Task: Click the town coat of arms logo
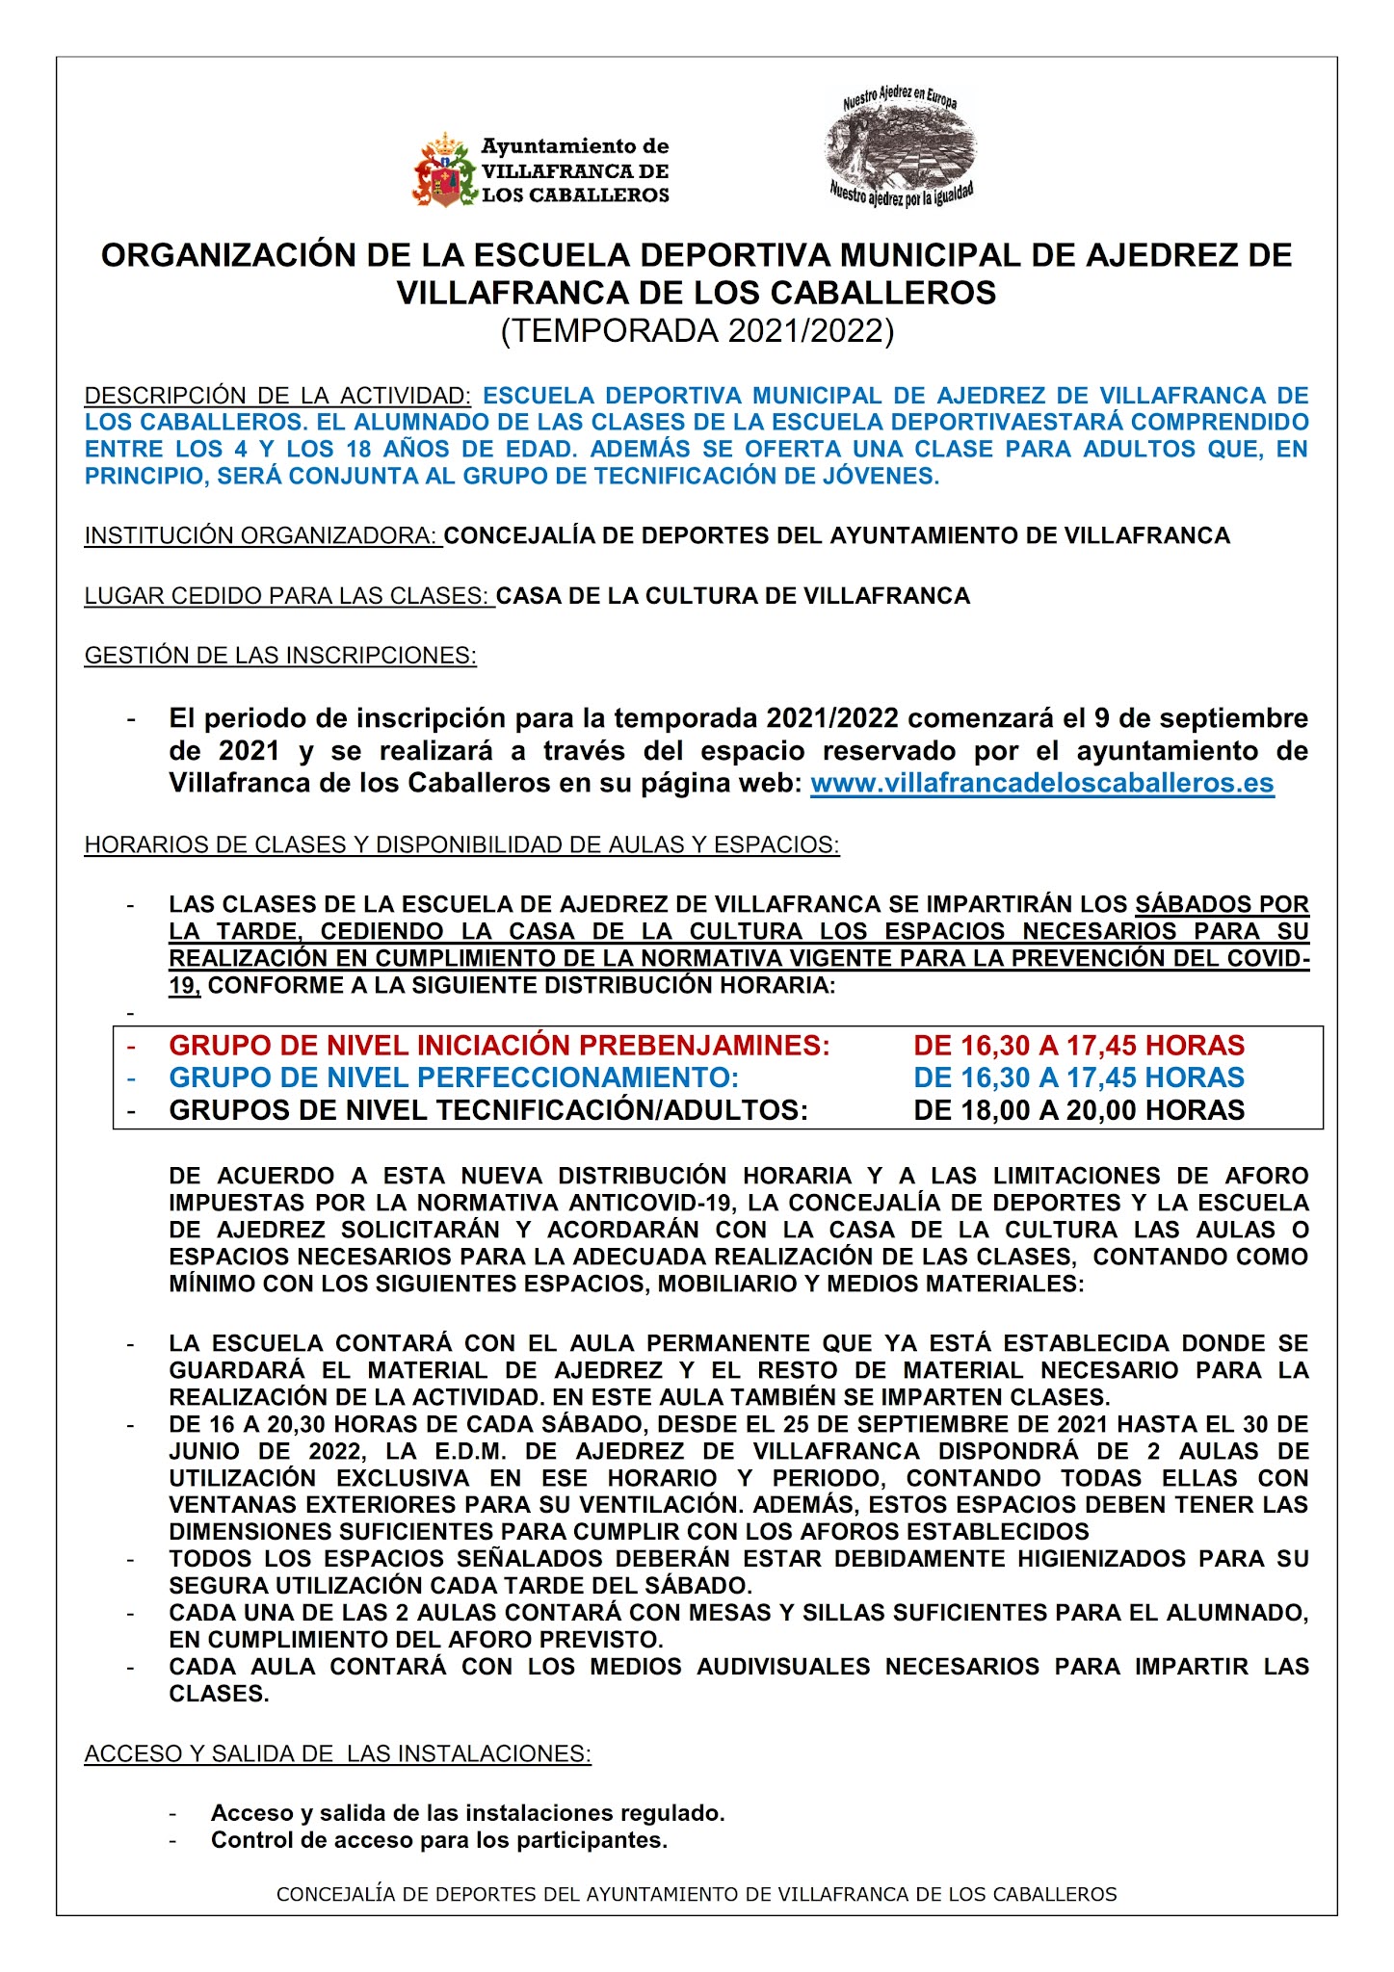(x=445, y=171)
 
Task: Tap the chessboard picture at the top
(x=900, y=146)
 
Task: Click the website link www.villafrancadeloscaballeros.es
(x=1041, y=783)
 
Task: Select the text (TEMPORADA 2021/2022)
(x=697, y=331)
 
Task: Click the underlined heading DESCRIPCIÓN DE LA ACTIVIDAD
(x=277, y=396)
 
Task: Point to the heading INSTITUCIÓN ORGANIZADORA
(x=262, y=536)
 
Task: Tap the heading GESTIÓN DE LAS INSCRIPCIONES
(x=280, y=656)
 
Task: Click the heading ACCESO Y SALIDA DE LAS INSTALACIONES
(x=337, y=1753)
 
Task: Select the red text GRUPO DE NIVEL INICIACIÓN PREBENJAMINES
(x=499, y=1046)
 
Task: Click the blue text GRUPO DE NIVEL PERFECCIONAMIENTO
(x=454, y=1077)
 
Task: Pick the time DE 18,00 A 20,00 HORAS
(x=1078, y=1110)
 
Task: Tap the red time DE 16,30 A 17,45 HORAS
(x=1078, y=1046)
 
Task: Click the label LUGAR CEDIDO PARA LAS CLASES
(x=288, y=596)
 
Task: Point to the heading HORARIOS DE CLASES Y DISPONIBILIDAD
(x=461, y=844)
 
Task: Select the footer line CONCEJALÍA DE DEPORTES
(x=696, y=1894)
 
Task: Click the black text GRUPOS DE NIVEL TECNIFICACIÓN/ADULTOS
(x=488, y=1110)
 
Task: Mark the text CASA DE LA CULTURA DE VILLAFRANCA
(x=732, y=596)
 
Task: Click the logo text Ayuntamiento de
(x=574, y=146)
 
